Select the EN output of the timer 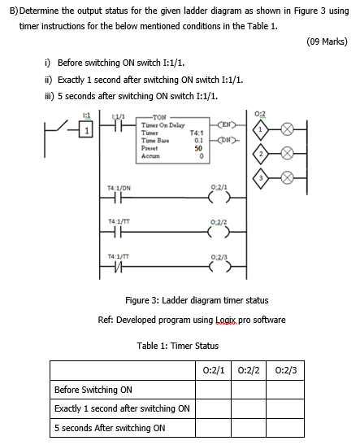(226, 124)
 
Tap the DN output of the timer (226, 140)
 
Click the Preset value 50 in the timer (198, 148)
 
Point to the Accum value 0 (202, 156)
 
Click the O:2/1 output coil (219, 197)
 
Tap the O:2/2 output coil (219, 232)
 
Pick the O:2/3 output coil (219, 267)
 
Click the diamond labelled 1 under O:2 (260, 129)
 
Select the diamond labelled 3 (260, 178)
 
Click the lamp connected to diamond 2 (287, 154)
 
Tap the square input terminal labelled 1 (86, 130)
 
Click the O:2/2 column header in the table (249, 370)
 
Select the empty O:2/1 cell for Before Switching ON (213, 390)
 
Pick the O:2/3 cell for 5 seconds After (285, 428)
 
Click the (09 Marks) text (327, 41)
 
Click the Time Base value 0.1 (199, 140)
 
